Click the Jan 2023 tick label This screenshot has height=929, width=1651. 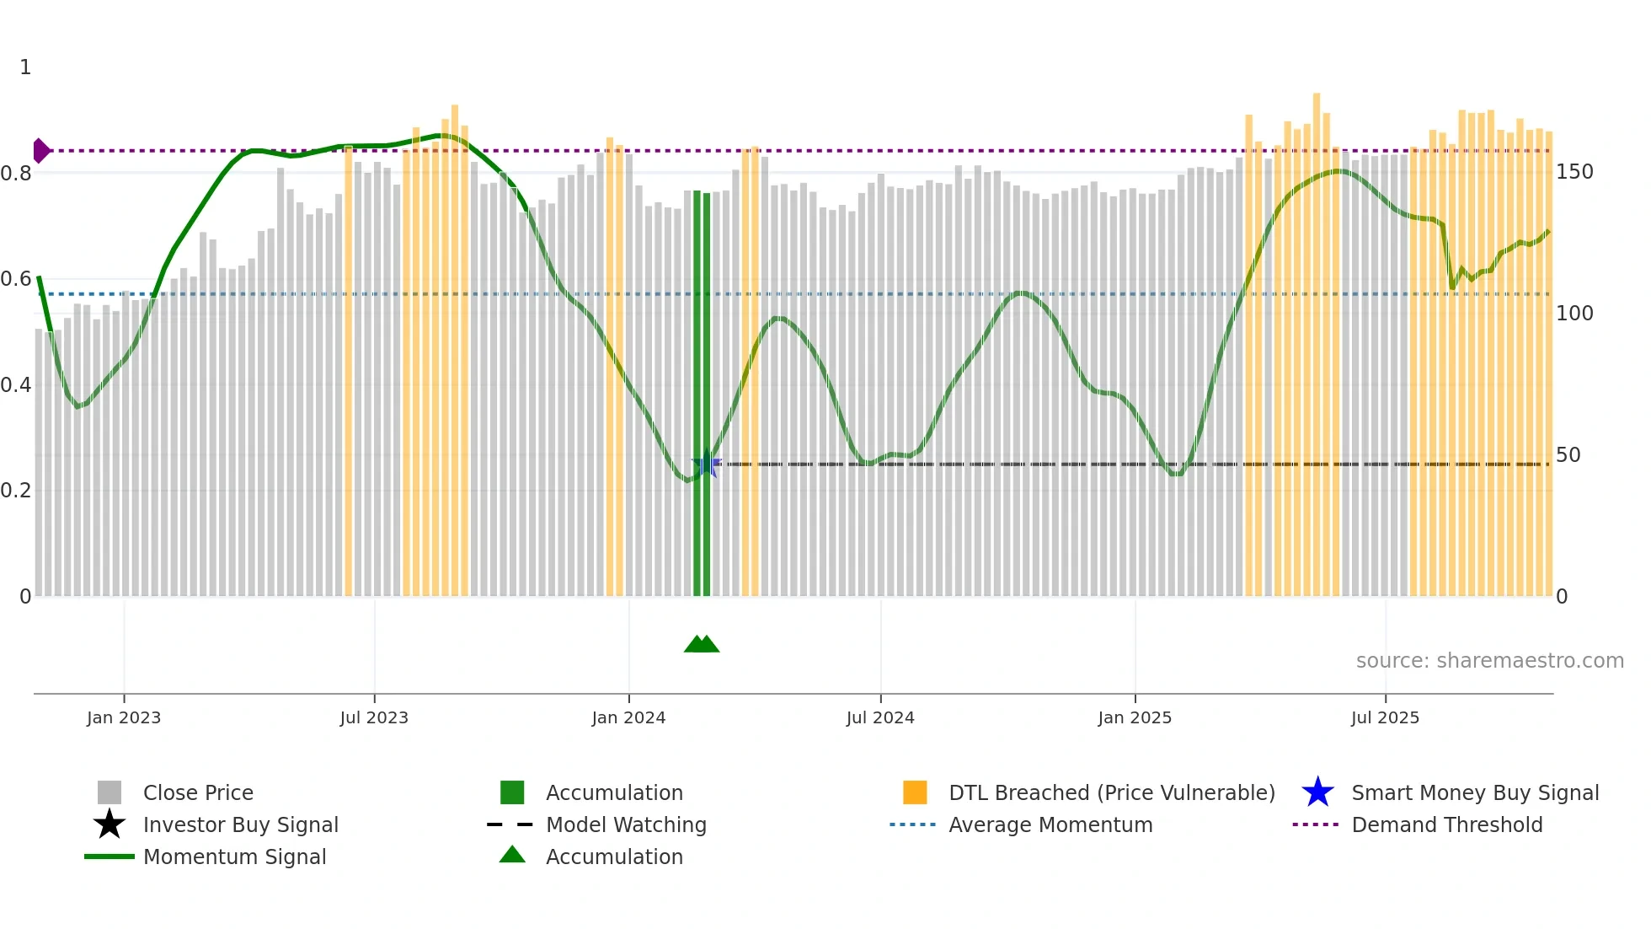tap(124, 717)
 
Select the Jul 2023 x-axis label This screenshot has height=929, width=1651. tap(374, 717)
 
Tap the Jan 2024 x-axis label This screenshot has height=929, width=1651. tap(628, 717)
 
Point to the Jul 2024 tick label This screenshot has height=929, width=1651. tap(880, 717)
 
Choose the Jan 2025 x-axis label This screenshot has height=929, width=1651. tap(1135, 717)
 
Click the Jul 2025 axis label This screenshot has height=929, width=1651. tap(1385, 717)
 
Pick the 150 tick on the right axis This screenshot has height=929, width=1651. tap(1574, 172)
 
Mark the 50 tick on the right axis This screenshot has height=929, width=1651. tap(1568, 455)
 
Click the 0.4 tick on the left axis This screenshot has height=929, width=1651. tap(16, 385)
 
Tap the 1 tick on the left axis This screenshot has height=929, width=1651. tap(25, 67)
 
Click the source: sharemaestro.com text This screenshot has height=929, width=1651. tap(1489, 661)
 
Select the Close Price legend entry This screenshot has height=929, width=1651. tap(198, 793)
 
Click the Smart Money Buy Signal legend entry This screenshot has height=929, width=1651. tap(1475, 793)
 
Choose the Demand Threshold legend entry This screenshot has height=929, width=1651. tap(1446, 825)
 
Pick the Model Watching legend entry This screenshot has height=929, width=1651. tap(626, 825)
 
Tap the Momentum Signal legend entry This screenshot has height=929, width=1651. tap(234, 857)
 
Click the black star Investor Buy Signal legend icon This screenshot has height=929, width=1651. tap(110, 824)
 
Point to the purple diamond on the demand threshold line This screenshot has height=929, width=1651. tap(40, 151)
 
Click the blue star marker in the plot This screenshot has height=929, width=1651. tap(706, 464)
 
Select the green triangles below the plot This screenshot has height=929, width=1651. tap(702, 644)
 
